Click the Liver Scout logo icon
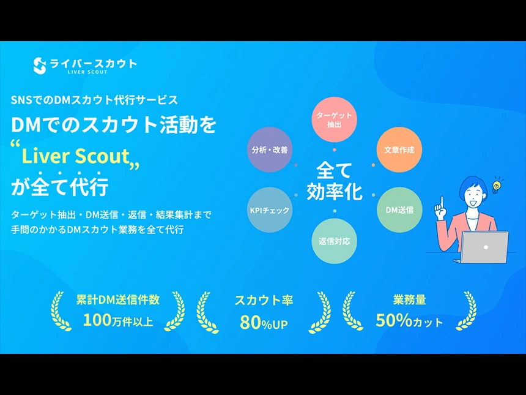coord(40,66)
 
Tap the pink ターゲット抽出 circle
coord(334,119)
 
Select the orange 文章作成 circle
coord(399,149)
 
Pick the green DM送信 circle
coord(399,210)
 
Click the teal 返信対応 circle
coord(334,241)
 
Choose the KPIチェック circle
coord(270,210)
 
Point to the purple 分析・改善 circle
coord(270,149)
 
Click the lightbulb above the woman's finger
coord(497,183)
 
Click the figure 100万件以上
coord(118,320)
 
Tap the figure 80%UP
coord(264,322)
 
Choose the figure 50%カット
coord(409,320)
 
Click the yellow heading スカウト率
coord(264,300)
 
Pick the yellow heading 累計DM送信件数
coord(118,299)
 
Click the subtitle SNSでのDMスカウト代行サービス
coord(94,99)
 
